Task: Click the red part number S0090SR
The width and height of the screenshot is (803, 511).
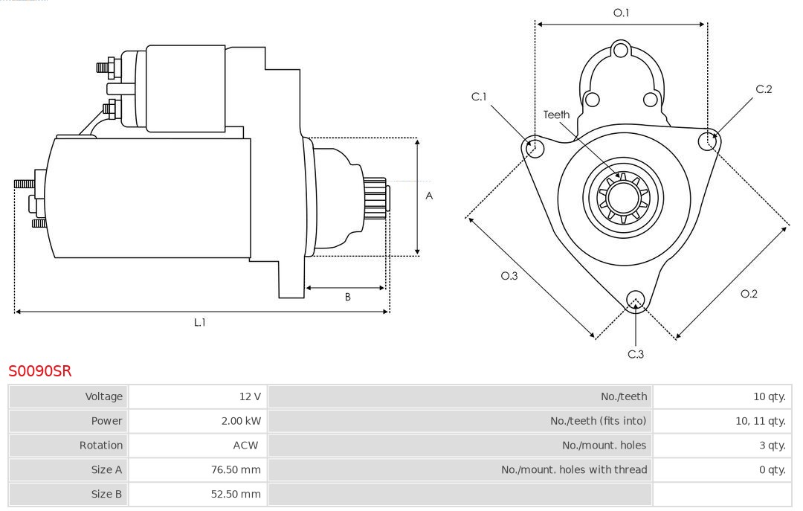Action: point(40,370)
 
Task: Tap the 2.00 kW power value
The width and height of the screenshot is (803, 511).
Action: point(241,421)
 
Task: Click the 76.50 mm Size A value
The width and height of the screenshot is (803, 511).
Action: point(236,470)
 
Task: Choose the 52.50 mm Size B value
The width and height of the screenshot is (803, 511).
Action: point(236,495)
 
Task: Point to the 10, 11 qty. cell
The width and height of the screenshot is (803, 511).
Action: point(760,421)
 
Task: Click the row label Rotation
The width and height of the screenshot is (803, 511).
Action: point(101,446)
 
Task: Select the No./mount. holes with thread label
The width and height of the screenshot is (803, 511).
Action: point(574,470)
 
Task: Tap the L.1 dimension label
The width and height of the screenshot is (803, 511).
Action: point(200,322)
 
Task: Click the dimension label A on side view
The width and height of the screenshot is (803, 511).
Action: point(429,196)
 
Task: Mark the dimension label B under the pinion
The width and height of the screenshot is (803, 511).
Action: point(347,298)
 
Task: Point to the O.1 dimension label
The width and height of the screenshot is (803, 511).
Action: point(621,13)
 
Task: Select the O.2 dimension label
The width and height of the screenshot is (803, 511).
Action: point(749,294)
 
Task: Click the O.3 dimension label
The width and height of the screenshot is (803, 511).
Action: point(509,276)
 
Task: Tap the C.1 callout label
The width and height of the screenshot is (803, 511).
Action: point(479,97)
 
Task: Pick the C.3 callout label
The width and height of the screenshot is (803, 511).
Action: point(636,354)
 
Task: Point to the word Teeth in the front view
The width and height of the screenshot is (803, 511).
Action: point(556,115)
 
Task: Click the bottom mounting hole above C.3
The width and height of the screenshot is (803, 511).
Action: point(635,300)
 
